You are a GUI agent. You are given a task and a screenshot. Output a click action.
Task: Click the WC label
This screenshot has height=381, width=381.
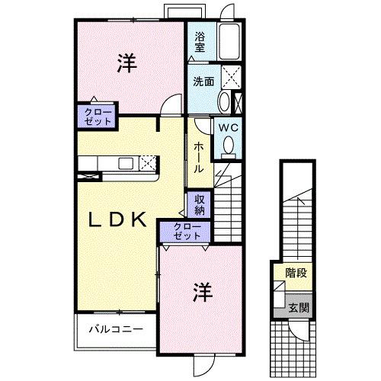(229, 128)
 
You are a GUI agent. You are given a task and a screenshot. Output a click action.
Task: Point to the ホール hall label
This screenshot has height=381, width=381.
(197, 157)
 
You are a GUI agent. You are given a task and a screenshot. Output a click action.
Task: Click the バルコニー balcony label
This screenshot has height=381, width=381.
(114, 329)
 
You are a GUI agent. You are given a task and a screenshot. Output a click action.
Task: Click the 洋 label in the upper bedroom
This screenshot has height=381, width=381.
(126, 64)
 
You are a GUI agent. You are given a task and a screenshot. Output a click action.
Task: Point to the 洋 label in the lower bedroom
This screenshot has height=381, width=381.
(200, 291)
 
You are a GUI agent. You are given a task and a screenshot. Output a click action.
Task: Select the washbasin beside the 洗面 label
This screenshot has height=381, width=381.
(223, 101)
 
